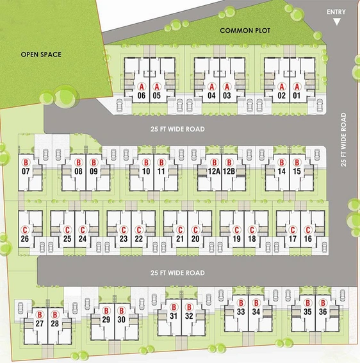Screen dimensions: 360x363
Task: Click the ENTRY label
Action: point(336,12)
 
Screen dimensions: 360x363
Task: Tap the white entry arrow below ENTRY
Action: point(337,22)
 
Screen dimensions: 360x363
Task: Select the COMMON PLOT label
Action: point(245,31)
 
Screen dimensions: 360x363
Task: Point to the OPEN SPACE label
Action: point(41,55)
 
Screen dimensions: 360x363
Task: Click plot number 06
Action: point(142,96)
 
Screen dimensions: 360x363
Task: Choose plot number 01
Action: point(297,96)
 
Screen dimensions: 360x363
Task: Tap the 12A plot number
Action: point(214,171)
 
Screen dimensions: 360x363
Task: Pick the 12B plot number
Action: point(229,171)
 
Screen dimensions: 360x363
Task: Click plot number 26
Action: point(25,239)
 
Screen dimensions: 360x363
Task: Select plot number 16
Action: point(307,239)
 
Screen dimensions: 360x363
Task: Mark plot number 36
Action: point(323,312)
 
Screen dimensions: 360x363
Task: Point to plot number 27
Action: point(40,323)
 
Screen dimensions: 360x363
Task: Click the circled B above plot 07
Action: point(26,162)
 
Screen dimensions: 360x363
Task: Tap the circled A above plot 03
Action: point(227,87)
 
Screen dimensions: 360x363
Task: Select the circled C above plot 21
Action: point(180,230)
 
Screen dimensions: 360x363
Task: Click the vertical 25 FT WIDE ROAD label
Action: point(343,140)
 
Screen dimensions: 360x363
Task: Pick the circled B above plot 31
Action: point(174,307)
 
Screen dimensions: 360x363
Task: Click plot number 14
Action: point(282,171)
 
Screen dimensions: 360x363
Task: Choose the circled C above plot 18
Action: point(252,230)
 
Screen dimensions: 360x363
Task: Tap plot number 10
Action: point(146,171)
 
